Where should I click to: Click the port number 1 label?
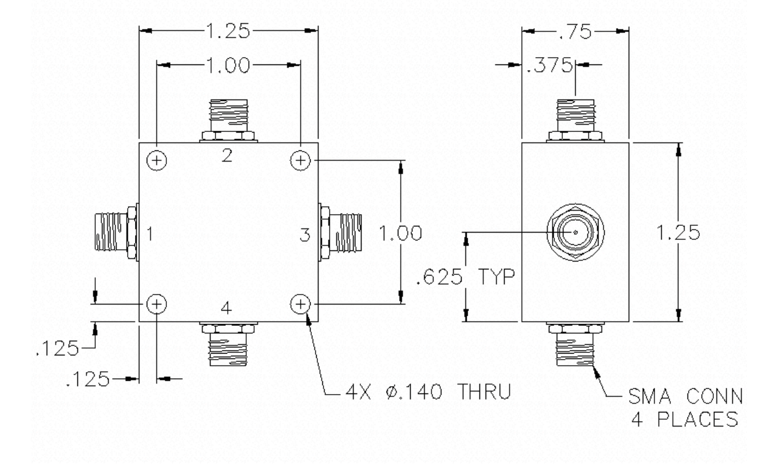click(x=150, y=234)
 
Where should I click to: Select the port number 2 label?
click(x=227, y=155)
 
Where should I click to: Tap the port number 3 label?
click(x=305, y=234)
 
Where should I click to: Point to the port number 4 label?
click(x=226, y=309)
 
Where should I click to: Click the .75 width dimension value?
click(x=575, y=32)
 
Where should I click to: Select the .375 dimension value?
click(x=549, y=64)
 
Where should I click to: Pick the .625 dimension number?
click(x=439, y=277)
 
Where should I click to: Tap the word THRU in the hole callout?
click(x=484, y=392)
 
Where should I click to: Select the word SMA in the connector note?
click(x=649, y=396)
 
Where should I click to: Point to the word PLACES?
click(x=698, y=419)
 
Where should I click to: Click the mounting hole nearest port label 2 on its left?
click(x=157, y=160)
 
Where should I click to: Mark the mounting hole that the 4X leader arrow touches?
click(x=301, y=304)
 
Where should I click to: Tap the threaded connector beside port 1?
click(x=116, y=232)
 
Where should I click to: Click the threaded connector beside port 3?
click(x=340, y=233)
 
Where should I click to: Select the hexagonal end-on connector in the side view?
click(x=575, y=233)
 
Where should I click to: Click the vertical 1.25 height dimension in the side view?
click(x=678, y=233)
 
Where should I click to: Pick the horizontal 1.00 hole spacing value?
click(x=228, y=66)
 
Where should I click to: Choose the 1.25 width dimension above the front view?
click(x=228, y=31)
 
